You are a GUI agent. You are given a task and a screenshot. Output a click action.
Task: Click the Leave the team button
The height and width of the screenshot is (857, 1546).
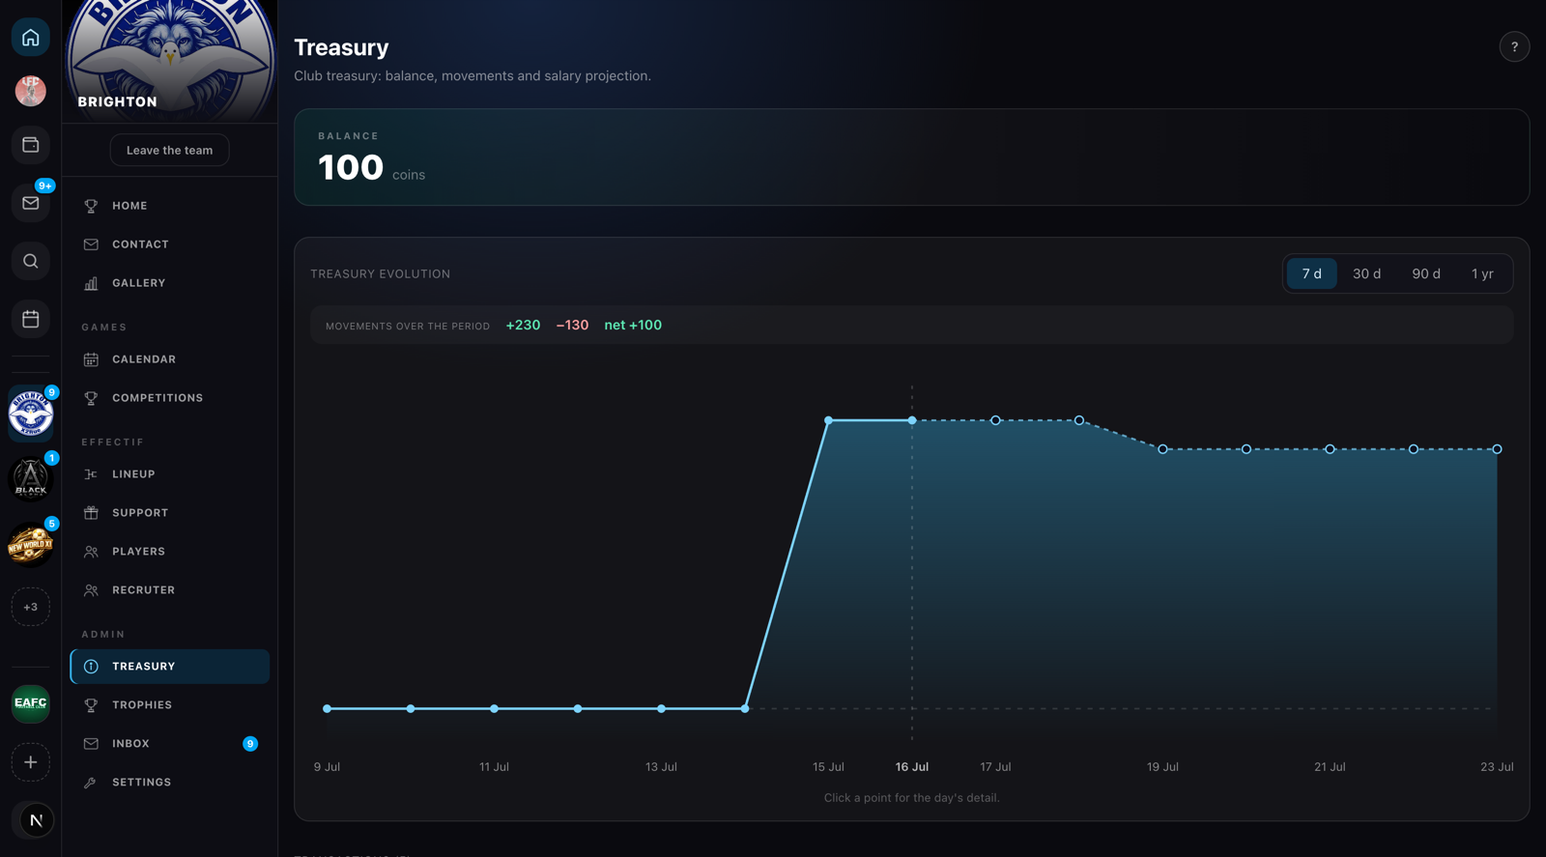(169, 150)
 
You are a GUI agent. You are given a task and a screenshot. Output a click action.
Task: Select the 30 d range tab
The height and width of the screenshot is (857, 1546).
(1366, 274)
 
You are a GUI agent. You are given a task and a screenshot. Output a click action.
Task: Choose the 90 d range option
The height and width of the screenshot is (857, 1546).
(1425, 274)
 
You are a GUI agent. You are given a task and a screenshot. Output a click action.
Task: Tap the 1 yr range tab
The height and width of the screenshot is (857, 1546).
(1482, 274)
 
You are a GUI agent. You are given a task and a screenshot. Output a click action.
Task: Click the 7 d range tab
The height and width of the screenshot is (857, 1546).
(1311, 274)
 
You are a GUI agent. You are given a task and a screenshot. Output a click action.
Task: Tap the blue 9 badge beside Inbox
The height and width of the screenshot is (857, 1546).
(250, 743)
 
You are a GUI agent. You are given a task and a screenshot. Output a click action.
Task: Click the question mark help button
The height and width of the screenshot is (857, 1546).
(1514, 47)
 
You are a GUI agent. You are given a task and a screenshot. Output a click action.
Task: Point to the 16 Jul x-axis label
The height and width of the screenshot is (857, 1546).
(911, 766)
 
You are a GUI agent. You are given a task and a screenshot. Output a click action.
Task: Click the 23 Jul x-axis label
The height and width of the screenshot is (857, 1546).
(1497, 766)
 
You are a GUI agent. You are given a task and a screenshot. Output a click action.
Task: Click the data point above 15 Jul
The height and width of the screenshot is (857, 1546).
(828, 420)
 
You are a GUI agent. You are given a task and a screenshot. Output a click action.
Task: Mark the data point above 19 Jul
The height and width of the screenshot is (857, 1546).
(1162, 449)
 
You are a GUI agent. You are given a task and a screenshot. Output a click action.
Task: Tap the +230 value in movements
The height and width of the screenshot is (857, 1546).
(523, 325)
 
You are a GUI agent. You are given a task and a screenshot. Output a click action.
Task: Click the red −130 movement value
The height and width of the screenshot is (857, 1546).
(572, 325)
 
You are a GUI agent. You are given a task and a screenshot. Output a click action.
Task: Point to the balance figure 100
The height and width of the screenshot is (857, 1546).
(350, 168)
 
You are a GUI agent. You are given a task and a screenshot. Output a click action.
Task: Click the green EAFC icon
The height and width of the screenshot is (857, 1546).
(30, 703)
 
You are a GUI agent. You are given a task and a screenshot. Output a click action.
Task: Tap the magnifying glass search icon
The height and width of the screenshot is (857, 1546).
(30, 261)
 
